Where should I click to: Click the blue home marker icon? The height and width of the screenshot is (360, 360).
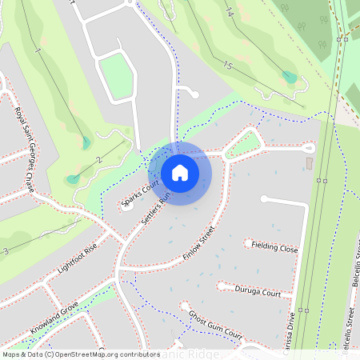point(180,173)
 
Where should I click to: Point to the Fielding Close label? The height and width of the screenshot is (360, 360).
point(274,248)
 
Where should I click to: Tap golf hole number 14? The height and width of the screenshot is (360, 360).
point(230,13)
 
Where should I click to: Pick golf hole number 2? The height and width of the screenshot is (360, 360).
point(99,159)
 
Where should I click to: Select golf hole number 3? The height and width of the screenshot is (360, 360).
point(6,251)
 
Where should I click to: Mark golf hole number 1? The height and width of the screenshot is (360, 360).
point(37,51)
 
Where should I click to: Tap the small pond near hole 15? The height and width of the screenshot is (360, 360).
point(290,77)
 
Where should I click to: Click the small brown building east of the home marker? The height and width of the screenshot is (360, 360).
point(310,164)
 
